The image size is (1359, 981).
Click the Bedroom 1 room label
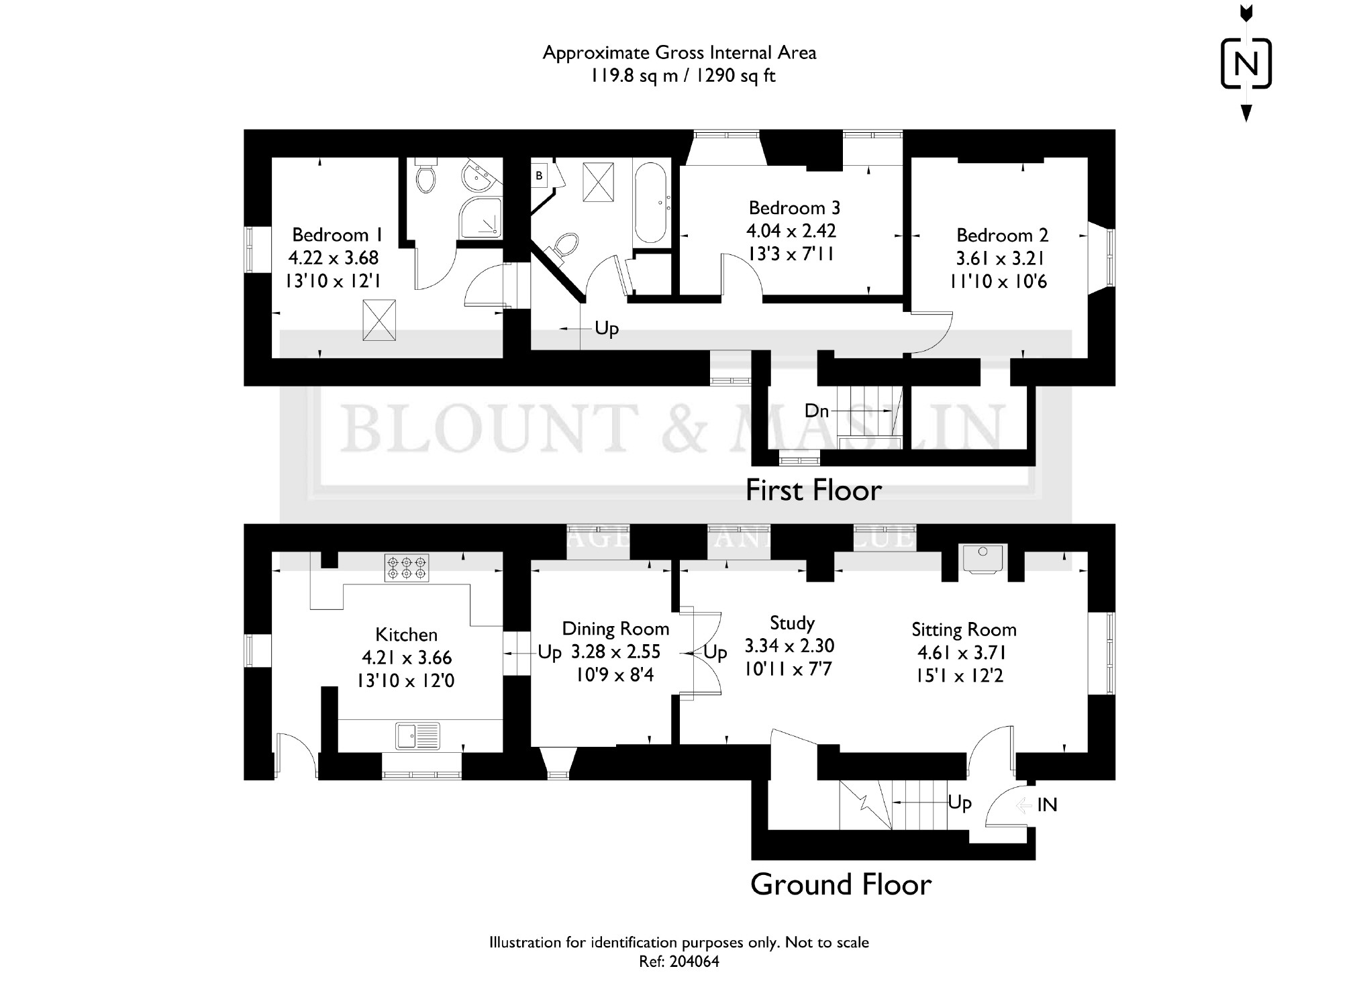[338, 235]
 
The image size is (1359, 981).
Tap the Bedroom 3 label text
[794, 207]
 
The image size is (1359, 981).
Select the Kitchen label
[406, 634]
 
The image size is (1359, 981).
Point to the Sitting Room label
[964, 629]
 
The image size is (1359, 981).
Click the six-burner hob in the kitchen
[406, 567]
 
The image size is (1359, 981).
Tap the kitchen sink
[417, 735]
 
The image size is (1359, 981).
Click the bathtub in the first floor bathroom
[650, 204]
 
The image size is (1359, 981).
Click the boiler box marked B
[539, 176]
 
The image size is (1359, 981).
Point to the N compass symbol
[1246, 64]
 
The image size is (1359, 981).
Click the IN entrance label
[1047, 805]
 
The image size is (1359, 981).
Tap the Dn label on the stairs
[817, 411]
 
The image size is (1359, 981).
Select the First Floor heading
[813, 490]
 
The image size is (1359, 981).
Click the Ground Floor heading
[841, 884]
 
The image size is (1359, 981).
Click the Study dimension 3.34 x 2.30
[789, 646]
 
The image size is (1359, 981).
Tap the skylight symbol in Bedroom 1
[379, 320]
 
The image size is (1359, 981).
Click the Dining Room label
[615, 629]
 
